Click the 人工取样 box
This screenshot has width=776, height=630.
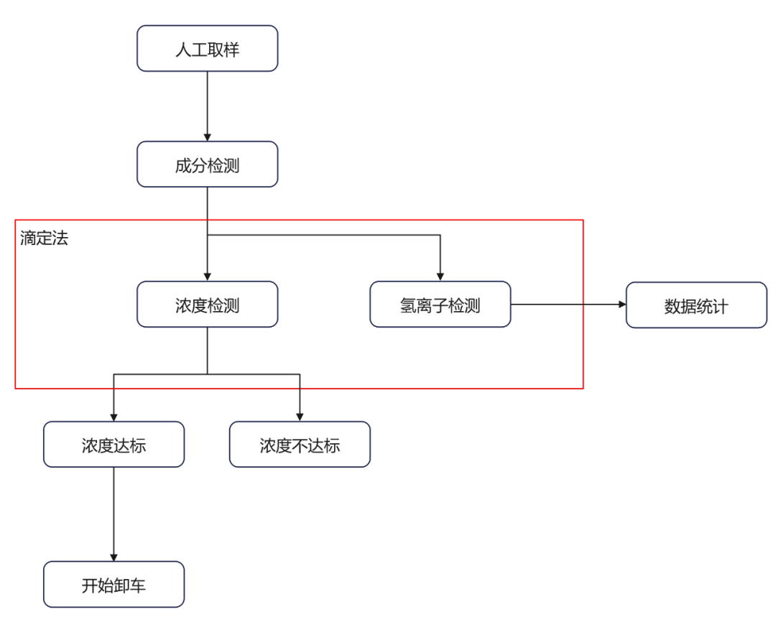(x=207, y=49)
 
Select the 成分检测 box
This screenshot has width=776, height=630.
(x=207, y=165)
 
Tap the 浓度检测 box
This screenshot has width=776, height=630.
(x=207, y=305)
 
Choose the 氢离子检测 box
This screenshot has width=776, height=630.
(x=440, y=305)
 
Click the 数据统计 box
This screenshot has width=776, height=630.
(x=696, y=305)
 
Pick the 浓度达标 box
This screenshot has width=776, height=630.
(x=114, y=445)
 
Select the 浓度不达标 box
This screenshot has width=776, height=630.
(x=300, y=445)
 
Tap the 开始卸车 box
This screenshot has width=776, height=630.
(x=114, y=585)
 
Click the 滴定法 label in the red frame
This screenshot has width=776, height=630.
(x=44, y=238)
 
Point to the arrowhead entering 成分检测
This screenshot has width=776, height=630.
(x=207, y=136)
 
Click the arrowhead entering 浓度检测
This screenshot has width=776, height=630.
(x=207, y=277)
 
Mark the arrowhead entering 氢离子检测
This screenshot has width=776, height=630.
(x=440, y=277)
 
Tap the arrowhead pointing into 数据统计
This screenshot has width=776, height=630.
(x=622, y=305)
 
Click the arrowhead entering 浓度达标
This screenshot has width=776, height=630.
(x=114, y=417)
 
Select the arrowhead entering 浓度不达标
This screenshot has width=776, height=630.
(x=300, y=417)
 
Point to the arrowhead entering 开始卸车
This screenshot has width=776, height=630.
(x=114, y=557)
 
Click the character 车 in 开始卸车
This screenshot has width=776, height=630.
(x=138, y=585)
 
